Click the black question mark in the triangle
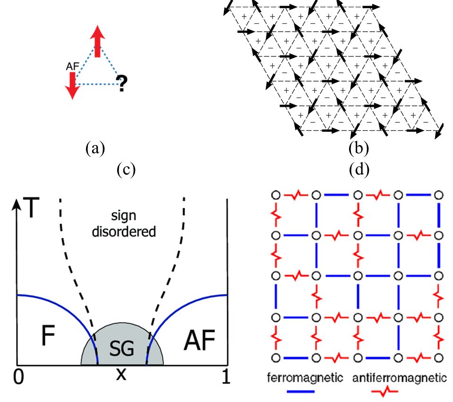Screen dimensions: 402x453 (x=122, y=84)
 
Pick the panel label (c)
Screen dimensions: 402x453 (x=126, y=170)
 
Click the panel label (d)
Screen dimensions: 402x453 (x=359, y=170)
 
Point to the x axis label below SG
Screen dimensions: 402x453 (x=122, y=375)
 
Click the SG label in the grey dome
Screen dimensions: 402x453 (x=122, y=349)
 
